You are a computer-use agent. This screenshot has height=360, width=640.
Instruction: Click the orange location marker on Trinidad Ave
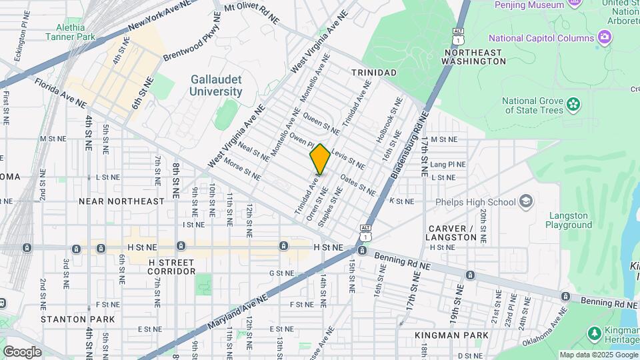[x=320, y=159]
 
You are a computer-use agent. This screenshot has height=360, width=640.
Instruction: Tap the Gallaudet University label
[x=216, y=85]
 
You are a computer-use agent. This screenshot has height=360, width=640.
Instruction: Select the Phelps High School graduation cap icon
[x=526, y=201]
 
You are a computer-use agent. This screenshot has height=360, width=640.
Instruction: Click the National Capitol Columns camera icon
[x=605, y=37]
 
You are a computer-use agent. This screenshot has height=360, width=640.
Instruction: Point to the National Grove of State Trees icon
[x=573, y=104]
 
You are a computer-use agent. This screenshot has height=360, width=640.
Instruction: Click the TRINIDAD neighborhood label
[x=375, y=72]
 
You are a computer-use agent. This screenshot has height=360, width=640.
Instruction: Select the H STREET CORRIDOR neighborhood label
[x=171, y=267]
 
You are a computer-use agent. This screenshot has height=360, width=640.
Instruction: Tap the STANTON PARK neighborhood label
[x=77, y=319]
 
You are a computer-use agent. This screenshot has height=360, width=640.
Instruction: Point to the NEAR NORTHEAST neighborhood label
[x=121, y=201]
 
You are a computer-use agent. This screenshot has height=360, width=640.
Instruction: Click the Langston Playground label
[x=568, y=221]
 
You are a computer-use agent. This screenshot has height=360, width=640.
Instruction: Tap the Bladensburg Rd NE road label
[x=406, y=148]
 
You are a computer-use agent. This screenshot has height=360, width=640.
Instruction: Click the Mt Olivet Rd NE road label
[x=251, y=13]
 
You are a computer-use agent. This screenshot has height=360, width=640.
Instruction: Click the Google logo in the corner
[x=22, y=351]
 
